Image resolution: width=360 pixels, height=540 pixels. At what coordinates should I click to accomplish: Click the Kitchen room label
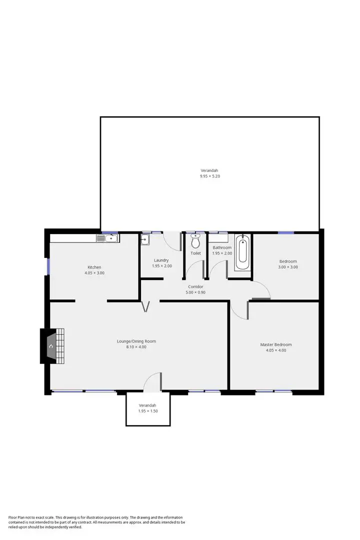94,267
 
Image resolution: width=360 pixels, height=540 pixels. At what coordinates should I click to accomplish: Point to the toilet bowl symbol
195,242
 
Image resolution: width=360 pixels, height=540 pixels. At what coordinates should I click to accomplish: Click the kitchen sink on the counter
108,238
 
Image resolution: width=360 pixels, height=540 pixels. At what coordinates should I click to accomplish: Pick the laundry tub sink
145,240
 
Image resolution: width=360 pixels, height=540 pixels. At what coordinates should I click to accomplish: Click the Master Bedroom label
275,344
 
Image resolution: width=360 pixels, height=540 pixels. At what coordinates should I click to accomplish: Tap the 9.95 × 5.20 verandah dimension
209,176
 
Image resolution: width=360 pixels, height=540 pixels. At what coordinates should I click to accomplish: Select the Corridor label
195,286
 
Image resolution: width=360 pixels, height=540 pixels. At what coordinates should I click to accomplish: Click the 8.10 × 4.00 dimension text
136,347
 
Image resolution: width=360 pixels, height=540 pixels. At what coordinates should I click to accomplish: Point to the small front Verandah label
147,405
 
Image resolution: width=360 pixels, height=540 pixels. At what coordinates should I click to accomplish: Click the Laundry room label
161,260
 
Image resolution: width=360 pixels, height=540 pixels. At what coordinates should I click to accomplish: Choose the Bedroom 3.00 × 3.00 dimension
288,267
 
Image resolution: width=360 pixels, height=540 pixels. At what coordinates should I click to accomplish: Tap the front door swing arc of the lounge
151,380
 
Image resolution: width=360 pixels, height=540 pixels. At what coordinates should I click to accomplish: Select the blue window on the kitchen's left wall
48,265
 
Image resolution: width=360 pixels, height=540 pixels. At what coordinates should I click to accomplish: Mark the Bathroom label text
222,247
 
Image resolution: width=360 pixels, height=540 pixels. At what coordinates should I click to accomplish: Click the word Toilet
195,253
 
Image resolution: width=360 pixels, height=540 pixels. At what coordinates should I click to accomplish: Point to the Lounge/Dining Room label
136,341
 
